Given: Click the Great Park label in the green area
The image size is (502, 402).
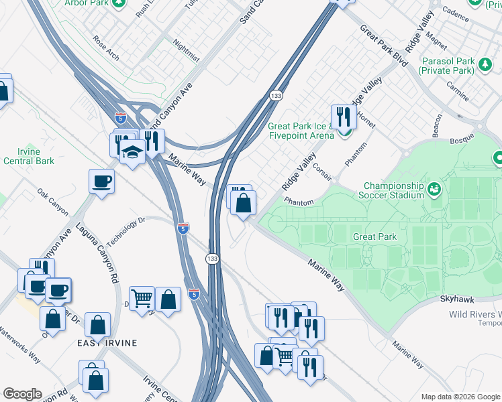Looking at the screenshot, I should (x=374, y=237).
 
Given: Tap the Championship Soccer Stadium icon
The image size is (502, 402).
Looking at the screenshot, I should (x=435, y=190).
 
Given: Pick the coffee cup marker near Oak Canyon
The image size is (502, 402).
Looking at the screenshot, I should (x=101, y=181).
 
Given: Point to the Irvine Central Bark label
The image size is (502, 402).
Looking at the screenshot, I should (x=28, y=156).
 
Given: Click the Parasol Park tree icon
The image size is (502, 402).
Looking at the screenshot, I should (x=485, y=65).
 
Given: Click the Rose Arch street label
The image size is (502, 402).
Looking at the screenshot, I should (x=106, y=48).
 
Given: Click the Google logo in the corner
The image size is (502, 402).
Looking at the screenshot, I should (x=21, y=394).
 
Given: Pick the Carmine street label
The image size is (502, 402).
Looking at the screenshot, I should (x=457, y=91).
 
